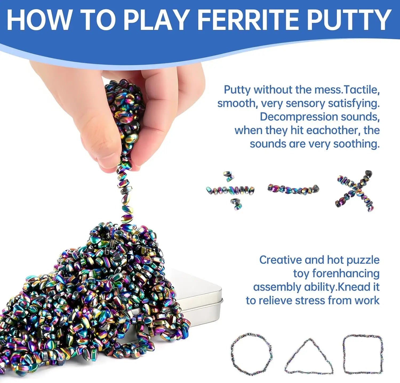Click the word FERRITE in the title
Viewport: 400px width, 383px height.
[249, 20]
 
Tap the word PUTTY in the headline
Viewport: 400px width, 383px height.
[349, 20]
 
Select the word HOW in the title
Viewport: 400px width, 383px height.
[39, 20]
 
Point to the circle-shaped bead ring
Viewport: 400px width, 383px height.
[252, 354]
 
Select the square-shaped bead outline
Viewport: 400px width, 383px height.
[363, 354]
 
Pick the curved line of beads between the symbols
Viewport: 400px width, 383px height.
[293, 189]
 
